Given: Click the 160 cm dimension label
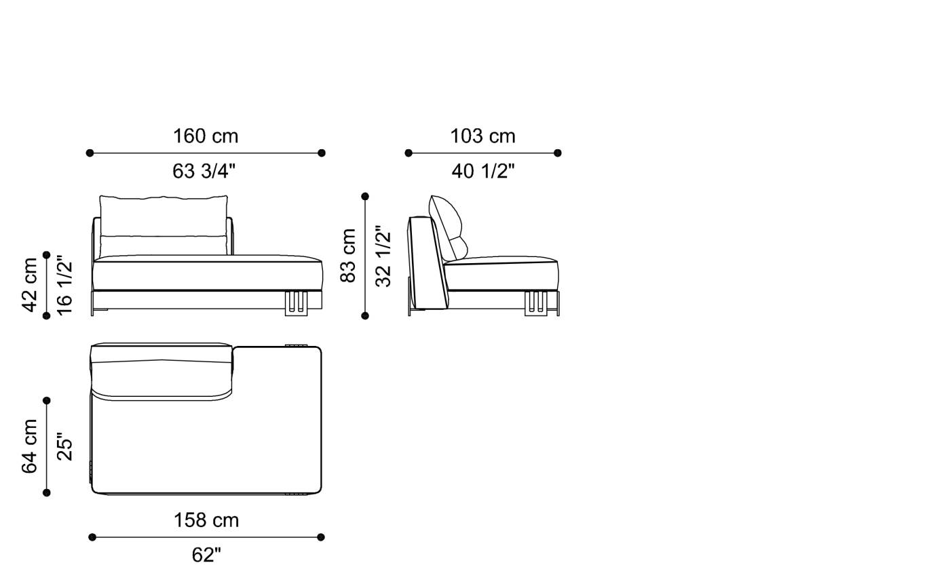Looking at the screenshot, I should (206, 136).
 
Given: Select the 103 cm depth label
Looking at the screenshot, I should (482, 136).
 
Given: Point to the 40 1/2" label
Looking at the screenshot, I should (483, 171).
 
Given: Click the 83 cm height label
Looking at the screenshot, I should (348, 256).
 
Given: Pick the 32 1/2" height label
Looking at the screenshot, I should (383, 256).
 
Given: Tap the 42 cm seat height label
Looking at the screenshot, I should (30, 285).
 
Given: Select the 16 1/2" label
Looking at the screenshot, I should (64, 285).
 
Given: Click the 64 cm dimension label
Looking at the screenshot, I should (30, 446).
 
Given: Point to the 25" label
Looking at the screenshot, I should (64, 446).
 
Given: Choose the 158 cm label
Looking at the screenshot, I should (206, 520).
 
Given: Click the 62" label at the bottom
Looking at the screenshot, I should (206, 555).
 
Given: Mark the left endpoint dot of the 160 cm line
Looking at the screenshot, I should (90, 153).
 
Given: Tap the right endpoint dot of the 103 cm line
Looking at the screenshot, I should (558, 153).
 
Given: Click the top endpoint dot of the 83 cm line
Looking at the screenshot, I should (365, 197).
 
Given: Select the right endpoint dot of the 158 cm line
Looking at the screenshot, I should (321, 537).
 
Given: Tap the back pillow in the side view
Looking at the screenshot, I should (448, 224).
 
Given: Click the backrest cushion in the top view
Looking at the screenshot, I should (161, 372).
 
